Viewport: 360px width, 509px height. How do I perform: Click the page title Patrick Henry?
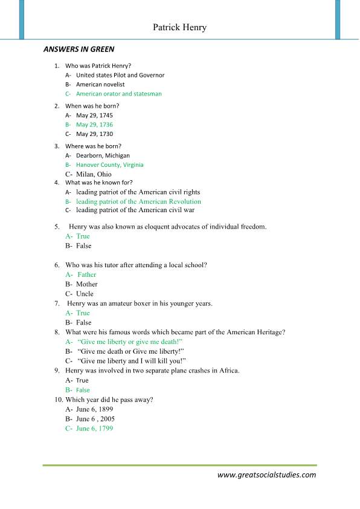tap(179, 27)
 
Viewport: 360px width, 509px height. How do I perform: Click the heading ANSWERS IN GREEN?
tap(78, 50)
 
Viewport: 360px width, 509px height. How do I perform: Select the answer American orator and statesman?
tap(118, 94)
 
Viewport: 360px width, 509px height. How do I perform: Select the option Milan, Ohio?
tap(94, 174)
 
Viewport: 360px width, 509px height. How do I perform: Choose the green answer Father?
tap(86, 274)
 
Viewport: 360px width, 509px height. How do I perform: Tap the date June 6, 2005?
tap(95, 419)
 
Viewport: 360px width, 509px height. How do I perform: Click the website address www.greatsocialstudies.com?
tap(266, 475)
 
